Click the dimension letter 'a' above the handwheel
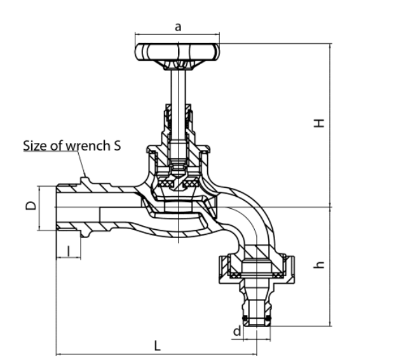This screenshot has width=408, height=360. click(178, 27)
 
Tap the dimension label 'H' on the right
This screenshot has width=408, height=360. click(319, 123)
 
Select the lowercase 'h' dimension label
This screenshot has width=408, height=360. click(319, 265)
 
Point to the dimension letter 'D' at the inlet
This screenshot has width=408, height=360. click(31, 206)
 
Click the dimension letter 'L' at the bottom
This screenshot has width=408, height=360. click(157, 346)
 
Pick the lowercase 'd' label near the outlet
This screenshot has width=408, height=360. click(237, 331)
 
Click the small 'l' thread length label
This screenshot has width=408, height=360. click(69, 251)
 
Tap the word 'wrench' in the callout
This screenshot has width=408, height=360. click(88, 145)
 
